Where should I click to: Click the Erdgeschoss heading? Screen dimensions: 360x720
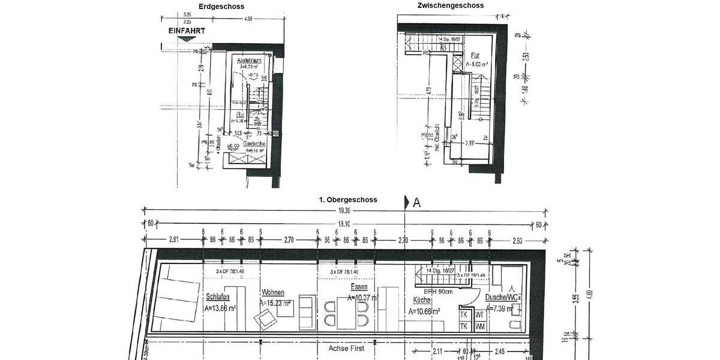tap(222, 7)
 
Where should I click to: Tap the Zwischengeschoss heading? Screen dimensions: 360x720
tap(451, 5)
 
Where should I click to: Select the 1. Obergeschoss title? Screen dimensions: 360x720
tap(348, 200)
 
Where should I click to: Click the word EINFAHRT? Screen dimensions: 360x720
tap(187, 30)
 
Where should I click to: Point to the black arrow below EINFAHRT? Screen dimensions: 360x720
tap(187, 38)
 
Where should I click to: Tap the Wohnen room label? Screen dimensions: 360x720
tap(272, 293)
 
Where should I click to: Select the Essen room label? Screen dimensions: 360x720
tap(359, 287)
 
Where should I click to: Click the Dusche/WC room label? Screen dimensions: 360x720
tap(503, 298)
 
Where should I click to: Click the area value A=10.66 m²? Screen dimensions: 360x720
tap(425, 311)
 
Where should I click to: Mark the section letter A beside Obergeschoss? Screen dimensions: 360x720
tap(416, 203)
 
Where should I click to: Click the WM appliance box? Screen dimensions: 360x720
tap(479, 326)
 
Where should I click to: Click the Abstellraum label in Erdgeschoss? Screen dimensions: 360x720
tap(249, 61)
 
